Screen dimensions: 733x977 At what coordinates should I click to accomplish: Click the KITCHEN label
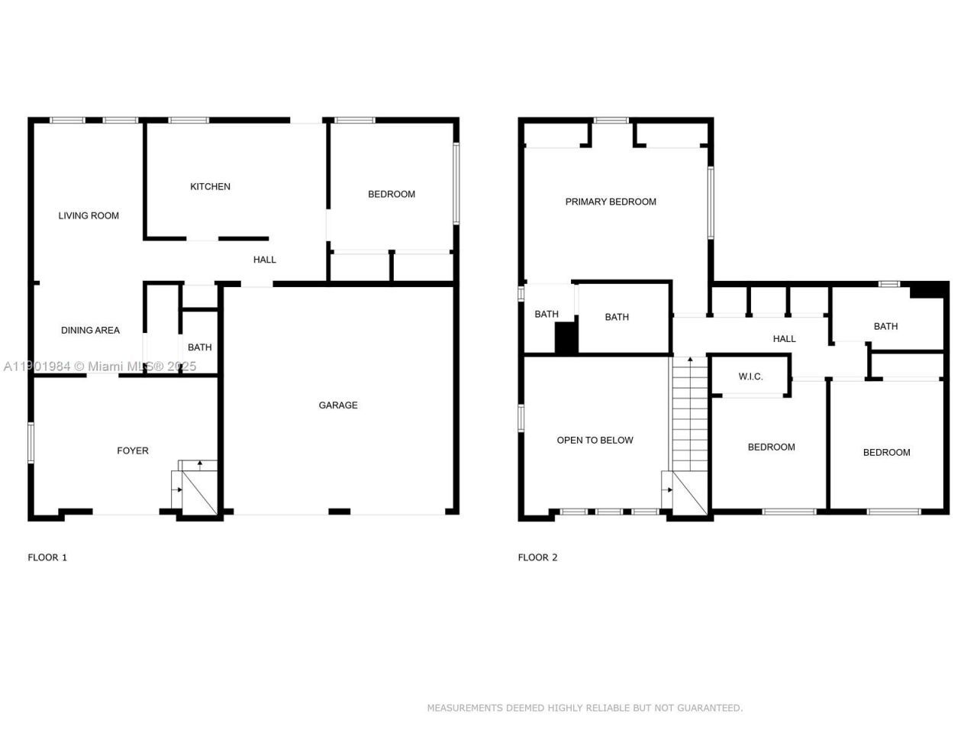click(210, 186)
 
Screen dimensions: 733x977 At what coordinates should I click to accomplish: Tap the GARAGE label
click(338, 405)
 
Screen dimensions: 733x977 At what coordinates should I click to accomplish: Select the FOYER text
click(133, 450)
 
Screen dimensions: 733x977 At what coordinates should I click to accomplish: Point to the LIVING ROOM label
click(89, 215)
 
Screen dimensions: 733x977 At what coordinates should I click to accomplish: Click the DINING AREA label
click(90, 330)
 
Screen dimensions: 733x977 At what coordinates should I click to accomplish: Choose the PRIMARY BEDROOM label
click(611, 202)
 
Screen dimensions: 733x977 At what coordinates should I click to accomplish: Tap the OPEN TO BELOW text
click(595, 440)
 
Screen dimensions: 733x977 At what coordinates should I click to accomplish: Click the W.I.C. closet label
click(750, 376)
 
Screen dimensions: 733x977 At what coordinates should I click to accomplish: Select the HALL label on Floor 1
click(265, 260)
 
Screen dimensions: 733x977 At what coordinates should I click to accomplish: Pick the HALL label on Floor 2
click(784, 338)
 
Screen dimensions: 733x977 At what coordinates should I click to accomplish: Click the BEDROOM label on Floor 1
click(392, 194)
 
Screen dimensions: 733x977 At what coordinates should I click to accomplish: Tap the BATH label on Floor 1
click(200, 347)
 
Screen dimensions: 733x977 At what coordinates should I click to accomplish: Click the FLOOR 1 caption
click(47, 557)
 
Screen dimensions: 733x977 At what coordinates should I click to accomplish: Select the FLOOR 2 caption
click(537, 557)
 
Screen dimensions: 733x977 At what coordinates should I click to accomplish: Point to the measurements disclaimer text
click(585, 708)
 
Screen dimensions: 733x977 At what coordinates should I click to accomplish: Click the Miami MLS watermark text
click(99, 366)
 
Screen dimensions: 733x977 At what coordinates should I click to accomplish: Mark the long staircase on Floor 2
click(690, 416)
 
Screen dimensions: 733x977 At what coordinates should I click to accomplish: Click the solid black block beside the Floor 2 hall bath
click(929, 290)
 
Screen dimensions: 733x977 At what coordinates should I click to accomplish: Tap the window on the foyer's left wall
click(31, 442)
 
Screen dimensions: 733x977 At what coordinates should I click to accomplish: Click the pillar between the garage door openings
click(339, 511)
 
